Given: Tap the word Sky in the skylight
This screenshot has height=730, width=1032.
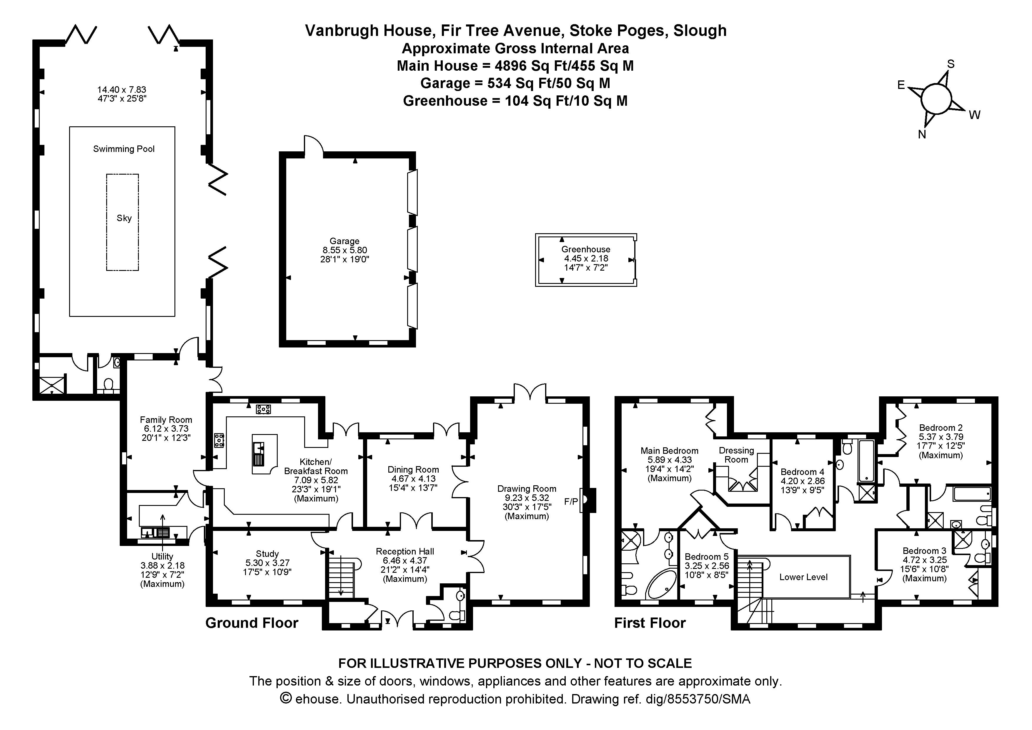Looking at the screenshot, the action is coord(124,218).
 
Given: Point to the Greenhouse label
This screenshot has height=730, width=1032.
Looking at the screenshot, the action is coord(586,249).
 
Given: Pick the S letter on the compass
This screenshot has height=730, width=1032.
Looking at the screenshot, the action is coord(951,64).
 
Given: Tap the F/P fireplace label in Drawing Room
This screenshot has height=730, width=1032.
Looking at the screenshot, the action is coord(571,501).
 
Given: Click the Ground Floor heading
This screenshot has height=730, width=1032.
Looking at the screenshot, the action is coord(252,623).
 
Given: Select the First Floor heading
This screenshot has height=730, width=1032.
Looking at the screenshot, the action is coord(650,623).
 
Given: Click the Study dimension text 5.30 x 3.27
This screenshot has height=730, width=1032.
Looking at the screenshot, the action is coord(267,563).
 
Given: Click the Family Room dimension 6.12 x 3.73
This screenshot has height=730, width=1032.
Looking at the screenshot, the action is coord(166,429).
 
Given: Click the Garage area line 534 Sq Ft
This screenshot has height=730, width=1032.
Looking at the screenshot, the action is coord(515,83).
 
